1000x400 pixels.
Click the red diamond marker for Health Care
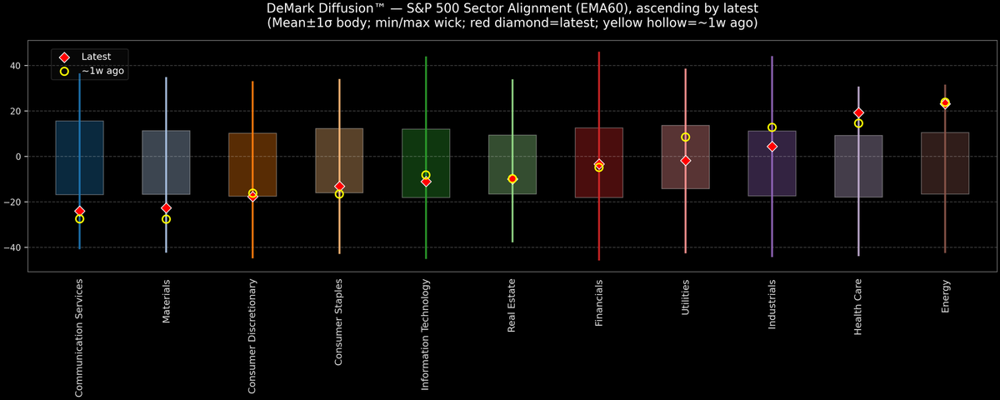[858, 112]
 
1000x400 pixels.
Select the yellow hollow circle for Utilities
[685, 137]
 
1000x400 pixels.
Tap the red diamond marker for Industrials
[772, 147]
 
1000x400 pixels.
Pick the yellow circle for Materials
[166, 219]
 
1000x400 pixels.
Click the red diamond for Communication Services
[79, 212]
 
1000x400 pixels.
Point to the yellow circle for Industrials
[772, 127]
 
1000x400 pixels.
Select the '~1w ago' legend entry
[102, 72]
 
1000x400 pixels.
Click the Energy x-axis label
[945, 297]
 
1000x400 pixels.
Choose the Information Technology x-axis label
[426, 333]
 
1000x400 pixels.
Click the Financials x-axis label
[598, 302]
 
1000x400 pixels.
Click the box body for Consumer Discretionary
[252, 165]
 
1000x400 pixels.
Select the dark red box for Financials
[598, 162]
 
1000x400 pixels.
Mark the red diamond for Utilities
[685, 160]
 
